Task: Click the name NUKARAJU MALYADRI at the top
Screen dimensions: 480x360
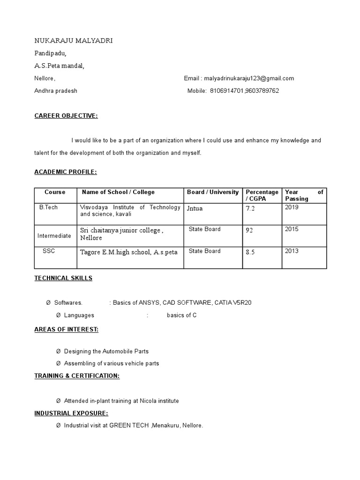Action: pyautogui.click(x=73, y=41)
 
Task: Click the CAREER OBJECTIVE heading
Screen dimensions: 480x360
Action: pyautogui.click(x=66, y=116)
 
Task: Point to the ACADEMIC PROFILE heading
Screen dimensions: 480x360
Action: pyautogui.click(x=66, y=172)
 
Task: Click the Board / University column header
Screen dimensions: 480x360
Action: pyautogui.click(x=213, y=192)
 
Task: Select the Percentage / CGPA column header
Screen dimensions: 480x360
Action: pyautogui.click(x=262, y=195)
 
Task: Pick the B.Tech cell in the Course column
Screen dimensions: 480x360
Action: pyautogui.click(x=49, y=207)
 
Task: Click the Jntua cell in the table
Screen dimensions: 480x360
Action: pyautogui.click(x=195, y=208)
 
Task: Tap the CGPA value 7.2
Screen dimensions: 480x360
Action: pyautogui.click(x=250, y=209)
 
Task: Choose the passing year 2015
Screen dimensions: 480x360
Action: pyautogui.click(x=292, y=229)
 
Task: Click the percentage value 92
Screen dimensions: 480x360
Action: pyautogui.click(x=249, y=230)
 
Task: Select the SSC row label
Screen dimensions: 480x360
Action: pyautogui.click(x=49, y=251)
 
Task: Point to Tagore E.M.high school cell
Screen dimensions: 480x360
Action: pyautogui.click(x=129, y=252)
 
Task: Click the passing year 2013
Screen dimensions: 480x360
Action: pyautogui.click(x=292, y=251)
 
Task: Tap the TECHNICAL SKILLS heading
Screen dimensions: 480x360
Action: pyautogui.click(x=63, y=278)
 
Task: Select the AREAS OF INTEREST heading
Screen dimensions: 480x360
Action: pyautogui.click(x=66, y=329)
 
